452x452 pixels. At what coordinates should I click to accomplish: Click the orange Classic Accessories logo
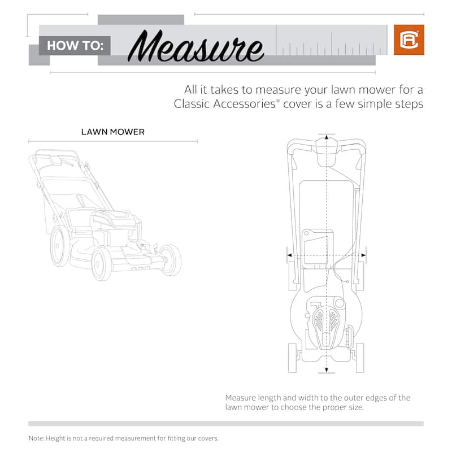(x=408, y=40)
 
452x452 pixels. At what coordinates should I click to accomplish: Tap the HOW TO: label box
(x=75, y=46)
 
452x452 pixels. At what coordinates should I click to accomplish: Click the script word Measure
(x=195, y=46)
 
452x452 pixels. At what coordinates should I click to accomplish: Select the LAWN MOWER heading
(x=112, y=132)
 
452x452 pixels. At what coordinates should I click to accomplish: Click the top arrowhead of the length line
(x=327, y=137)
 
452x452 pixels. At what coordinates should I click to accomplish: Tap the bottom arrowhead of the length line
(x=327, y=370)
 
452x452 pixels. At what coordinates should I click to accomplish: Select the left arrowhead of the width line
(x=290, y=255)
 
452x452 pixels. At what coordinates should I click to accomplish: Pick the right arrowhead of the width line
(x=363, y=255)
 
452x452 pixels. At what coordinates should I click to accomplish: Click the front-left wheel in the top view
(x=292, y=358)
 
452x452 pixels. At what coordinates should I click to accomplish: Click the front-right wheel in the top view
(x=360, y=358)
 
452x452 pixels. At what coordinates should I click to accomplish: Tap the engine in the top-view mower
(x=327, y=323)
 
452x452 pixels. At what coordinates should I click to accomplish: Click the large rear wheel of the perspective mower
(x=60, y=246)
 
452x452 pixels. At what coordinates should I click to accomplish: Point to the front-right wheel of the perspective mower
(x=171, y=260)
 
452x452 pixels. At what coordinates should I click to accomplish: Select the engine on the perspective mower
(x=115, y=228)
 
